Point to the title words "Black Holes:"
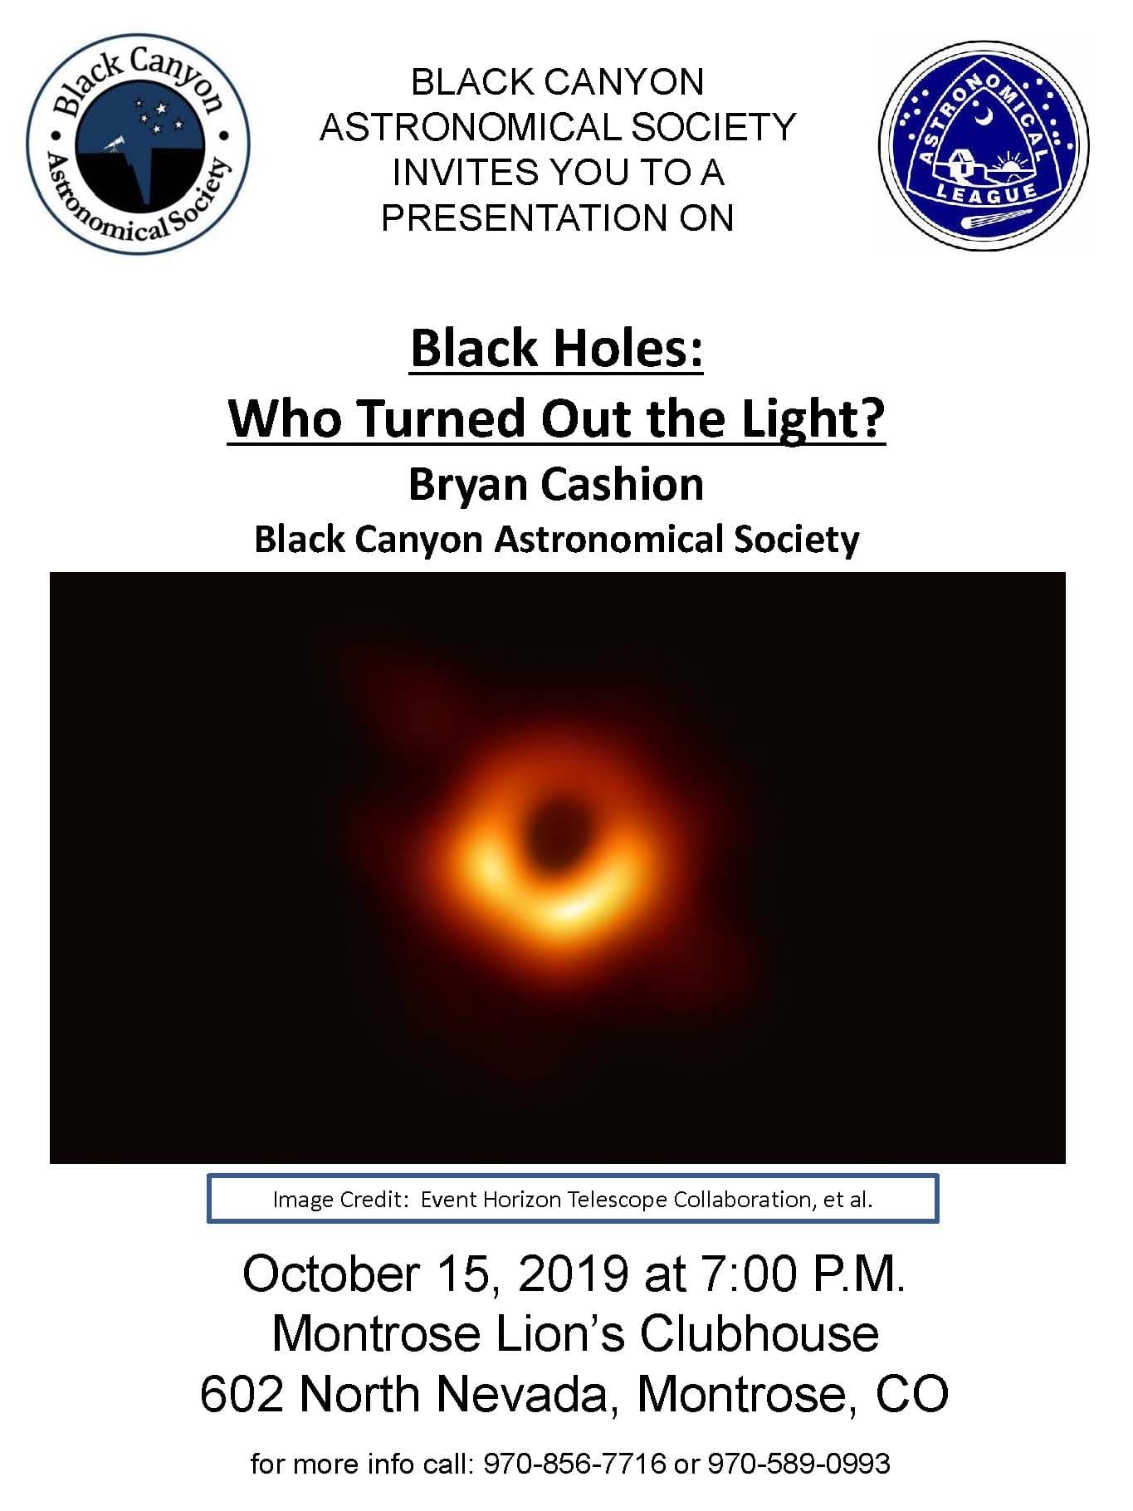point(557,347)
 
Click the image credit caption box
point(573,1199)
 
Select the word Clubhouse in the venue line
point(759,1334)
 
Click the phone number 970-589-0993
point(798,1464)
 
